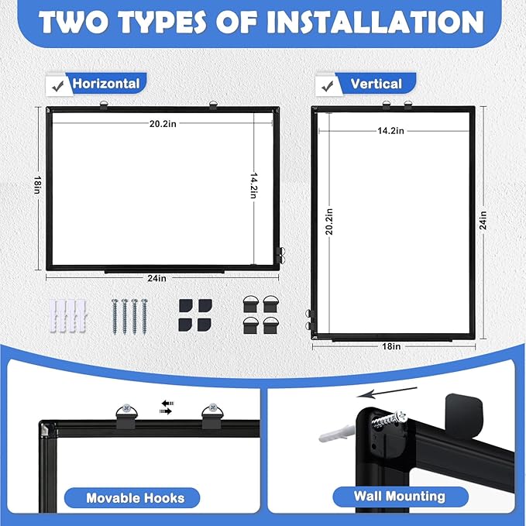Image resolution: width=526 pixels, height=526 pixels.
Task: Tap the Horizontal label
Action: pos(105,84)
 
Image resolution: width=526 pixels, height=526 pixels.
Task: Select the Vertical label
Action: pos(376,84)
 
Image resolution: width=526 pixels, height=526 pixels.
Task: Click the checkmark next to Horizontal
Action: pos(56,83)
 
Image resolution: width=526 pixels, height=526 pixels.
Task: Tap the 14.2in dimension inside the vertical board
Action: pos(390,131)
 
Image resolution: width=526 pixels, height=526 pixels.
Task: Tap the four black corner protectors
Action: pos(193,314)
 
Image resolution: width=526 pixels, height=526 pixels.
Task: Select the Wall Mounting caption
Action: pos(399,497)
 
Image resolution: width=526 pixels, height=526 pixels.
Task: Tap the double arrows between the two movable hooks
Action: pos(167,407)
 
